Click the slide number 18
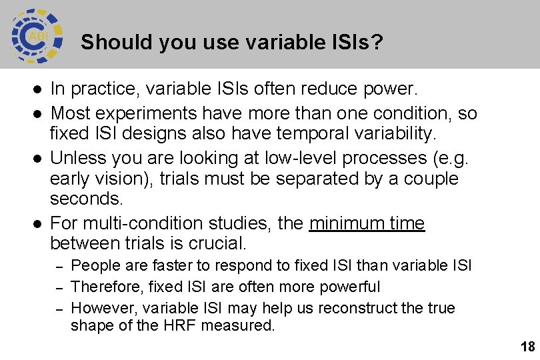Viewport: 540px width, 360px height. (527, 346)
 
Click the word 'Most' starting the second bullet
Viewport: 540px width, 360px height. (70, 113)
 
